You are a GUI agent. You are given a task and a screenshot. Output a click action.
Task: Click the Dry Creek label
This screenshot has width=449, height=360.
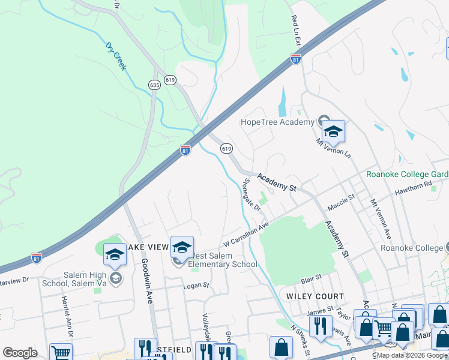point(116,56)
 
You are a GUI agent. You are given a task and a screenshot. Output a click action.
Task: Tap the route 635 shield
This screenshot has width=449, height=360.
point(155,85)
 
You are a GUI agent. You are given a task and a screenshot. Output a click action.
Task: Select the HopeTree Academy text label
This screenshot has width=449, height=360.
point(277,122)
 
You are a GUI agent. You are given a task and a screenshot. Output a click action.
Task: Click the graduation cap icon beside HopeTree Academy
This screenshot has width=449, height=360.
point(333,131)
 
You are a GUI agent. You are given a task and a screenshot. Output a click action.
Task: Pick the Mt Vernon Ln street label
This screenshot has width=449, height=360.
point(333,147)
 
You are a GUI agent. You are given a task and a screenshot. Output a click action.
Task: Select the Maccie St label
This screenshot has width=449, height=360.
point(342,201)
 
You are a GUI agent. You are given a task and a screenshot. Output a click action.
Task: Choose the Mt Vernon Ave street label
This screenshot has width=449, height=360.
point(381,219)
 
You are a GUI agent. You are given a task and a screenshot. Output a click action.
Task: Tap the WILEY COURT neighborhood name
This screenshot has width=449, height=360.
point(315,296)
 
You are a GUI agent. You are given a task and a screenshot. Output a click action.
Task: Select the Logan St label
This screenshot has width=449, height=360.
point(196,286)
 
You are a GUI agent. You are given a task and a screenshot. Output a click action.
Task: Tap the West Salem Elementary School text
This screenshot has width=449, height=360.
point(223,260)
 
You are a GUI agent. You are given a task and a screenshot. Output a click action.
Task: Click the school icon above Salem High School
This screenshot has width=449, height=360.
point(115,255)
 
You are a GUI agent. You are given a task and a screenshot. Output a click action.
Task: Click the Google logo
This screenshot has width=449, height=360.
point(20,353)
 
